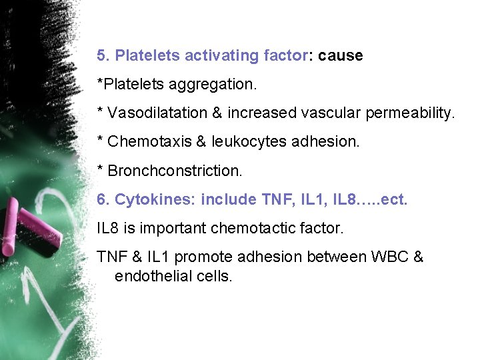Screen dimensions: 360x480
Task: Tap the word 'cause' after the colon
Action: coord(341,56)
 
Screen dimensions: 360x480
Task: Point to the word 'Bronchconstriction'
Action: coord(174,171)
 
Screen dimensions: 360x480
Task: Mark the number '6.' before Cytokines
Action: coord(103,199)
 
